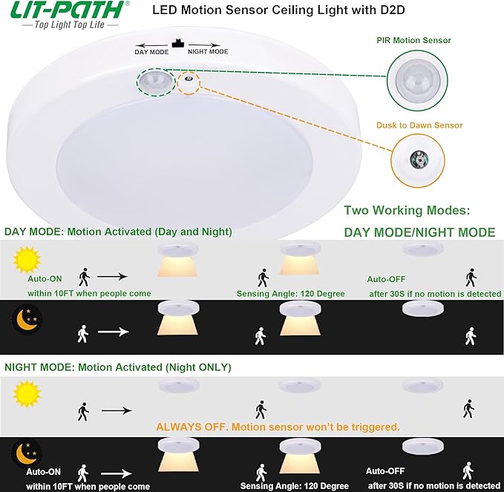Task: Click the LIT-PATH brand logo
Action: [x=64, y=10]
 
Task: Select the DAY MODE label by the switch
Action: [x=151, y=52]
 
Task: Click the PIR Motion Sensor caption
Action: [x=424, y=40]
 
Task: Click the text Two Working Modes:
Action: [x=407, y=211]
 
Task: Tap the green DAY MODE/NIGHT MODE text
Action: [x=419, y=232]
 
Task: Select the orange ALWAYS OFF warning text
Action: [x=278, y=427]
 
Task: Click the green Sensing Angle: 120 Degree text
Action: [x=291, y=294]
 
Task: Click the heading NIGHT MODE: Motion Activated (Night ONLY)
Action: [x=118, y=367]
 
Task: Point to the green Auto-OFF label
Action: [x=386, y=280]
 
